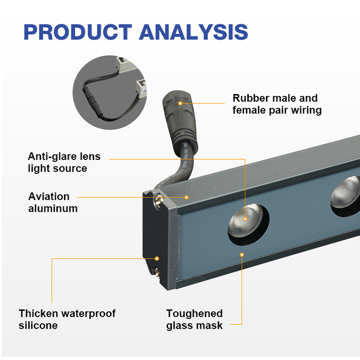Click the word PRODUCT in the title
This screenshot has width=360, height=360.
pyautogui.click(x=77, y=31)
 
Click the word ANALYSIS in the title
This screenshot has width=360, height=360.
pyautogui.click(x=193, y=31)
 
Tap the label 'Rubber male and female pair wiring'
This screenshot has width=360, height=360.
pyautogui.click(x=276, y=104)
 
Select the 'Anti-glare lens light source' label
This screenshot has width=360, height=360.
pyautogui.click(x=64, y=162)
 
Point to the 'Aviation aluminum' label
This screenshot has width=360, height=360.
pyautogui.click(x=52, y=202)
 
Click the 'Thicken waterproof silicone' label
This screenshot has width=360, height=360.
pyautogui.click(x=67, y=319)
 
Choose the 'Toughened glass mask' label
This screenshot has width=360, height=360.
pyautogui.click(x=194, y=319)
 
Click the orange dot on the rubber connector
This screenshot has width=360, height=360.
pyautogui.click(x=180, y=103)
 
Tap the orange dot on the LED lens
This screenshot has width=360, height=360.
pyautogui.click(x=245, y=219)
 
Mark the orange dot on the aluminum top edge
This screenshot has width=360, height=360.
pyautogui.click(x=187, y=197)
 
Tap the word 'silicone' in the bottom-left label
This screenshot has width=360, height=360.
pyautogui.click(x=38, y=325)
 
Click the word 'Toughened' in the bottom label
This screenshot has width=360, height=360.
pyautogui.click(x=194, y=313)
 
